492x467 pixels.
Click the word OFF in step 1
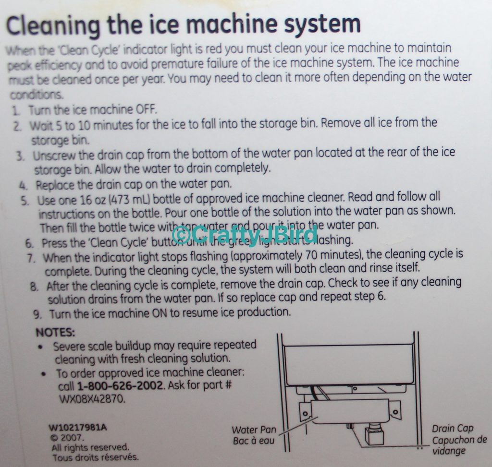click(147, 108)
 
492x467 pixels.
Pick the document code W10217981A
click(77, 427)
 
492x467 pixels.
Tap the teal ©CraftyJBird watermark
click(244, 235)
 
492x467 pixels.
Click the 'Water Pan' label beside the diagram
click(254, 430)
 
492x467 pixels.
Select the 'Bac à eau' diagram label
click(253, 441)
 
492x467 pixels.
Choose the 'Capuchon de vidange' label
click(458, 445)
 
